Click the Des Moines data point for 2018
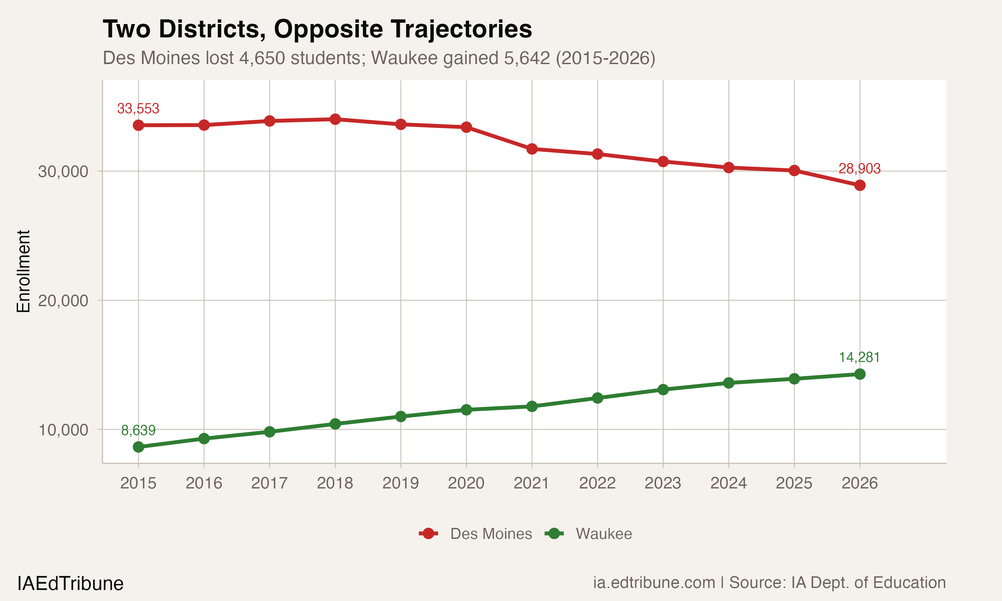point(335,119)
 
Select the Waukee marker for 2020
point(466,410)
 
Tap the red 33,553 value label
point(138,109)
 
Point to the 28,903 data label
point(859,169)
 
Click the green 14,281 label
point(859,357)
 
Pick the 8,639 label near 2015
point(138,430)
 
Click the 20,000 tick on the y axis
point(63,300)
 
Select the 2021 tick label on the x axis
point(531,483)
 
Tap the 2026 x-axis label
point(859,483)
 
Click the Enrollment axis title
point(23,271)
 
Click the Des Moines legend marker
point(428,534)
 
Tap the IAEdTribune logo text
point(70,584)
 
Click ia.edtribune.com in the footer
point(654,582)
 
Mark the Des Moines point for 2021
point(532,149)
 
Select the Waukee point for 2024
point(728,383)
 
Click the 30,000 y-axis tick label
point(63,171)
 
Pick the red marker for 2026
point(860,186)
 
